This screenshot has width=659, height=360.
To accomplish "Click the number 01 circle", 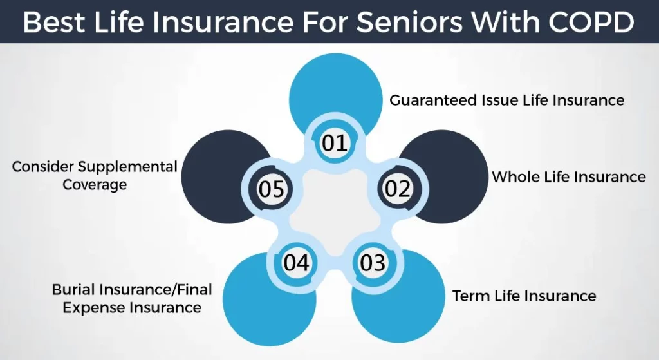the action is [335, 142].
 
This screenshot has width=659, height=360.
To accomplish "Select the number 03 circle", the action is [373, 262].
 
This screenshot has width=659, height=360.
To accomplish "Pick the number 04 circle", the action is [297, 262].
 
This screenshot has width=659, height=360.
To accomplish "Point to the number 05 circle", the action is [272, 189].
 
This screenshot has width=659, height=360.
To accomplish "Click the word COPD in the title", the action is [591, 22].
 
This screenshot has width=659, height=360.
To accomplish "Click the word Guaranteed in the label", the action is [433, 100].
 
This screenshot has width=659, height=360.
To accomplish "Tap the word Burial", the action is [73, 289].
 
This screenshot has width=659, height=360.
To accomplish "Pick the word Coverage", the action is [95, 185].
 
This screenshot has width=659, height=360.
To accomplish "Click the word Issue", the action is [499, 100].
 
